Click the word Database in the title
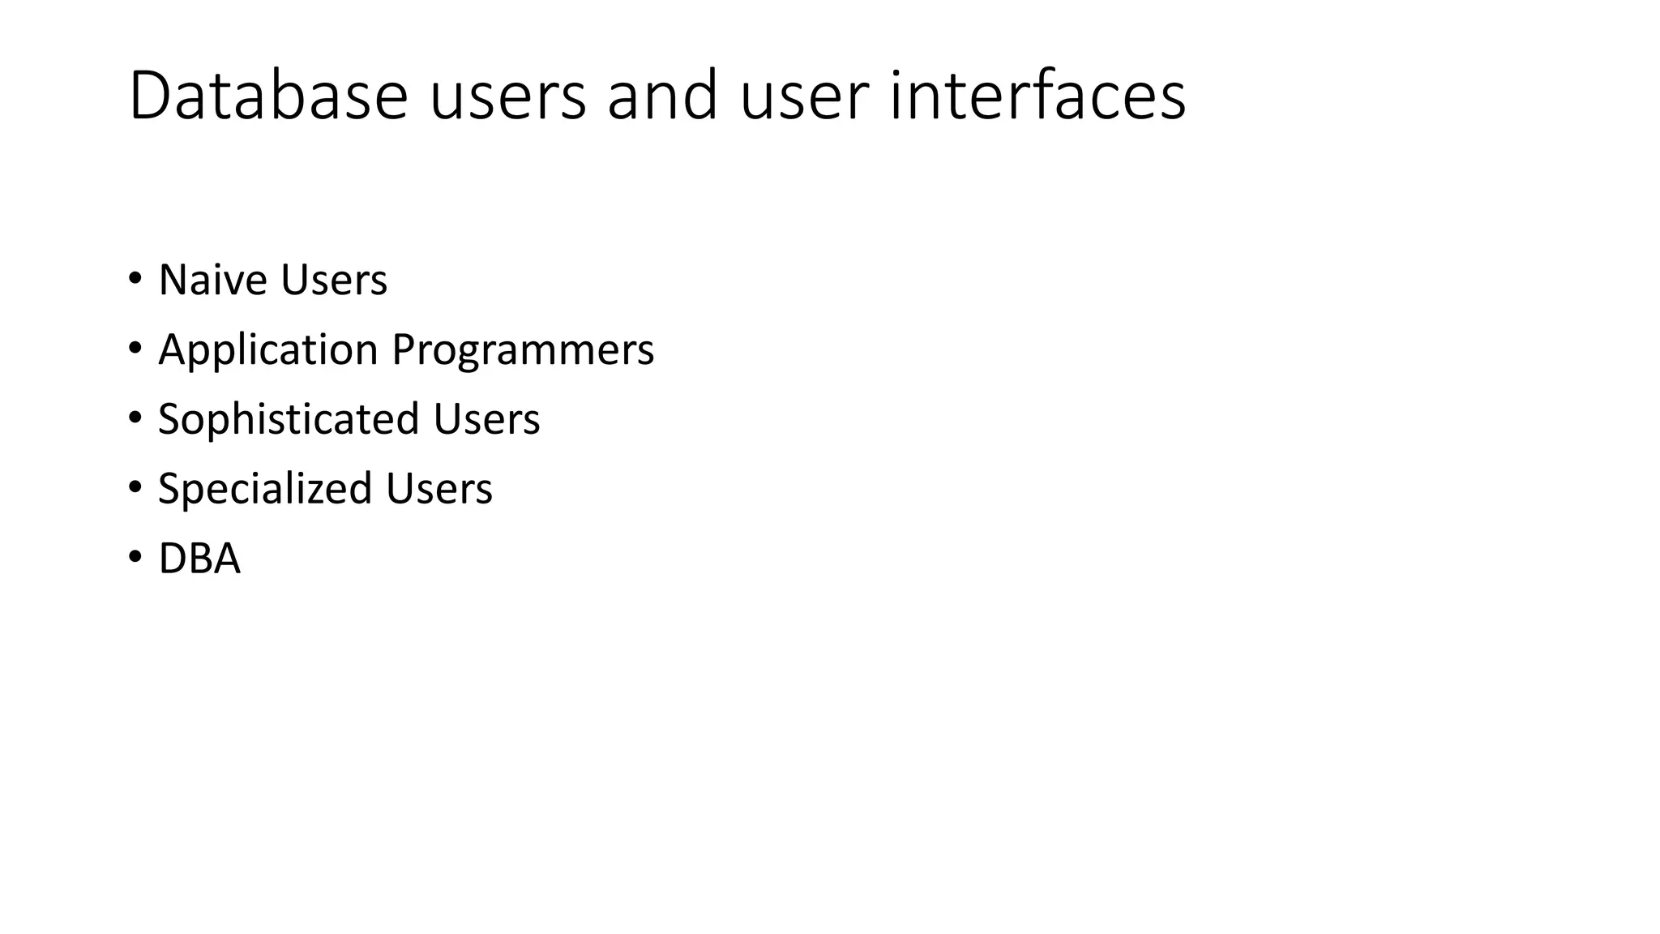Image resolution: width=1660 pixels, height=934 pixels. pyautogui.click(x=267, y=96)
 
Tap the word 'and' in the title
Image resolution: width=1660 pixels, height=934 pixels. pyautogui.click(x=662, y=96)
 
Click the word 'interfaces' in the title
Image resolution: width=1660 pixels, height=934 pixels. pyautogui.click(x=1037, y=96)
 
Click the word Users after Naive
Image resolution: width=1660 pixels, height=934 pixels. pyautogui.click(x=334, y=280)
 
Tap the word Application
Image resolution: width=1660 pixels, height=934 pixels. pyautogui.click(x=268, y=350)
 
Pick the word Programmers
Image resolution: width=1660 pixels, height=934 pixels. pyautogui.click(x=523, y=350)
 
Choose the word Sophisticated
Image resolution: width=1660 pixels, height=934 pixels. pyautogui.click(x=289, y=419)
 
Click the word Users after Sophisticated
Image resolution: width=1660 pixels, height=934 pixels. pyautogui.click(x=486, y=419)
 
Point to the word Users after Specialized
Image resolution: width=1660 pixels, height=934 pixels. pyautogui.click(x=439, y=489)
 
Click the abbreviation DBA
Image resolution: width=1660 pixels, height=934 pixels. pyautogui.click(x=199, y=559)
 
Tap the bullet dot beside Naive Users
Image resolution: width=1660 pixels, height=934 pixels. pyautogui.click(x=135, y=280)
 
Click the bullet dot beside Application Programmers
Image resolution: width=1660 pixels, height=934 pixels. pyautogui.click(x=135, y=349)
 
